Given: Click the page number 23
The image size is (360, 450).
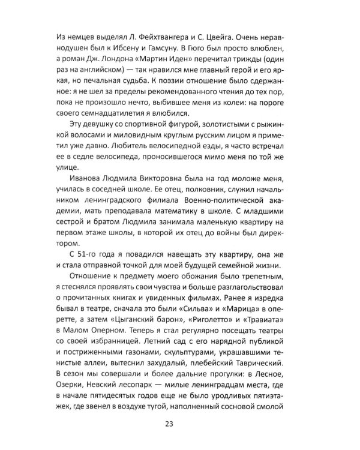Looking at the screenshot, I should pos(180,427).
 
